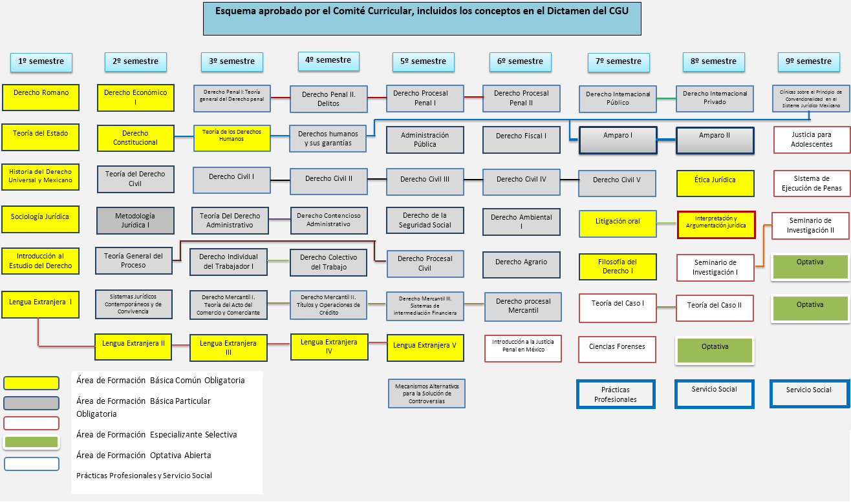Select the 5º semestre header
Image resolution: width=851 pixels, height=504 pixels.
tap(424, 61)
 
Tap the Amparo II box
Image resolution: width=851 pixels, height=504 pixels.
tap(715, 140)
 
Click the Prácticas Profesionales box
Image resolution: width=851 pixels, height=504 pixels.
tap(615, 394)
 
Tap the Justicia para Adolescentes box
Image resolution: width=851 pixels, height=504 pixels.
tap(812, 140)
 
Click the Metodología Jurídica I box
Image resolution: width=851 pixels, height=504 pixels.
tap(135, 220)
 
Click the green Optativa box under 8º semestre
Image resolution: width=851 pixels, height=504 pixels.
tap(715, 350)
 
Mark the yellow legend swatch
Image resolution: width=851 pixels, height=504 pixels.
tap(31, 383)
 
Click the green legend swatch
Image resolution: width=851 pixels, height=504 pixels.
tap(31, 443)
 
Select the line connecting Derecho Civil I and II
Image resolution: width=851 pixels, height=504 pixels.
tap(280, 178)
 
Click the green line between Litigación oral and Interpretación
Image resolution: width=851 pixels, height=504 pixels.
tap(667, 223)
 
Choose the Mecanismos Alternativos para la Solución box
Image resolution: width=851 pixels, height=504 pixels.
tap(426, 394)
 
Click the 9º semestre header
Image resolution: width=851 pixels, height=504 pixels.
tap(808, 61)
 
